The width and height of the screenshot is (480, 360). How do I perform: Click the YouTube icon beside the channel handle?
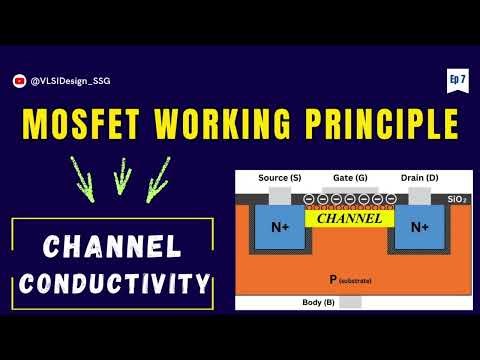pyautogui.click(x=19, y=81)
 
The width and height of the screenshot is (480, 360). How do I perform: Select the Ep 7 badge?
pyautogui.click(x=452, y=80)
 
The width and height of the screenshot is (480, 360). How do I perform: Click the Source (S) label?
pyautogui.click(x=279, y=178)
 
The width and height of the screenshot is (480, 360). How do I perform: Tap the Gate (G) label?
pyautogui.click(x=348, y=178)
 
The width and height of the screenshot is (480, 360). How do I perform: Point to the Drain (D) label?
pyautogui.click(x=419, y=178)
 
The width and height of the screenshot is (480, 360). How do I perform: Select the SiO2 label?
pyautogui.click(x=456, y=200)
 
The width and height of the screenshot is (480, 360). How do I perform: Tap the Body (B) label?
pyautogui.click(x=318, y=302)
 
